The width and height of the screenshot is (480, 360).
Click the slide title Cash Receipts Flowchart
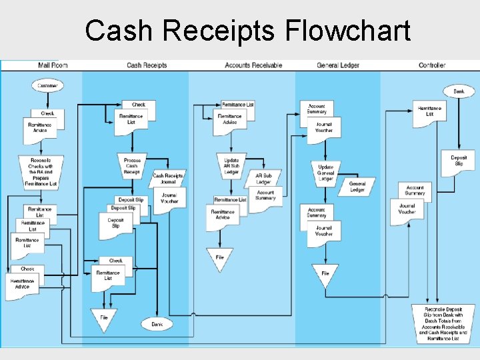coord(247,30)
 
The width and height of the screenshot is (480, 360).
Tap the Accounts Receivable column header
coord(253,65)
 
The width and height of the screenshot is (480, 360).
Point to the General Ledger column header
coord(338,65)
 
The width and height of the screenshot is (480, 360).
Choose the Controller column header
coord(432,65)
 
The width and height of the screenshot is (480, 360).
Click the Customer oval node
coord(47,86)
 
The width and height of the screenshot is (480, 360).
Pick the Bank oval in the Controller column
coord(459,91)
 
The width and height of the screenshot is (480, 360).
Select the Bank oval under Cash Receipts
coord(157,324)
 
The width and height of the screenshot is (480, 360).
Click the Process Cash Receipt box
coord(132,166)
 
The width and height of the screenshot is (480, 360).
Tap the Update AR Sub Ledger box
coord(231,166)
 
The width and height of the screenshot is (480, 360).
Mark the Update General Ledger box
coord(325,171)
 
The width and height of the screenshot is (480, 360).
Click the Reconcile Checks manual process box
coord(41,171)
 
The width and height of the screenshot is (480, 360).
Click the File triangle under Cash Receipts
coord(104,319)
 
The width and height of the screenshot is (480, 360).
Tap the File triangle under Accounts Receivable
coord(219,258)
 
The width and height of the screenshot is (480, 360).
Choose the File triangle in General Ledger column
coord(325,275)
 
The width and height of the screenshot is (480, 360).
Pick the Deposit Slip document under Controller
coord(459,162)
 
